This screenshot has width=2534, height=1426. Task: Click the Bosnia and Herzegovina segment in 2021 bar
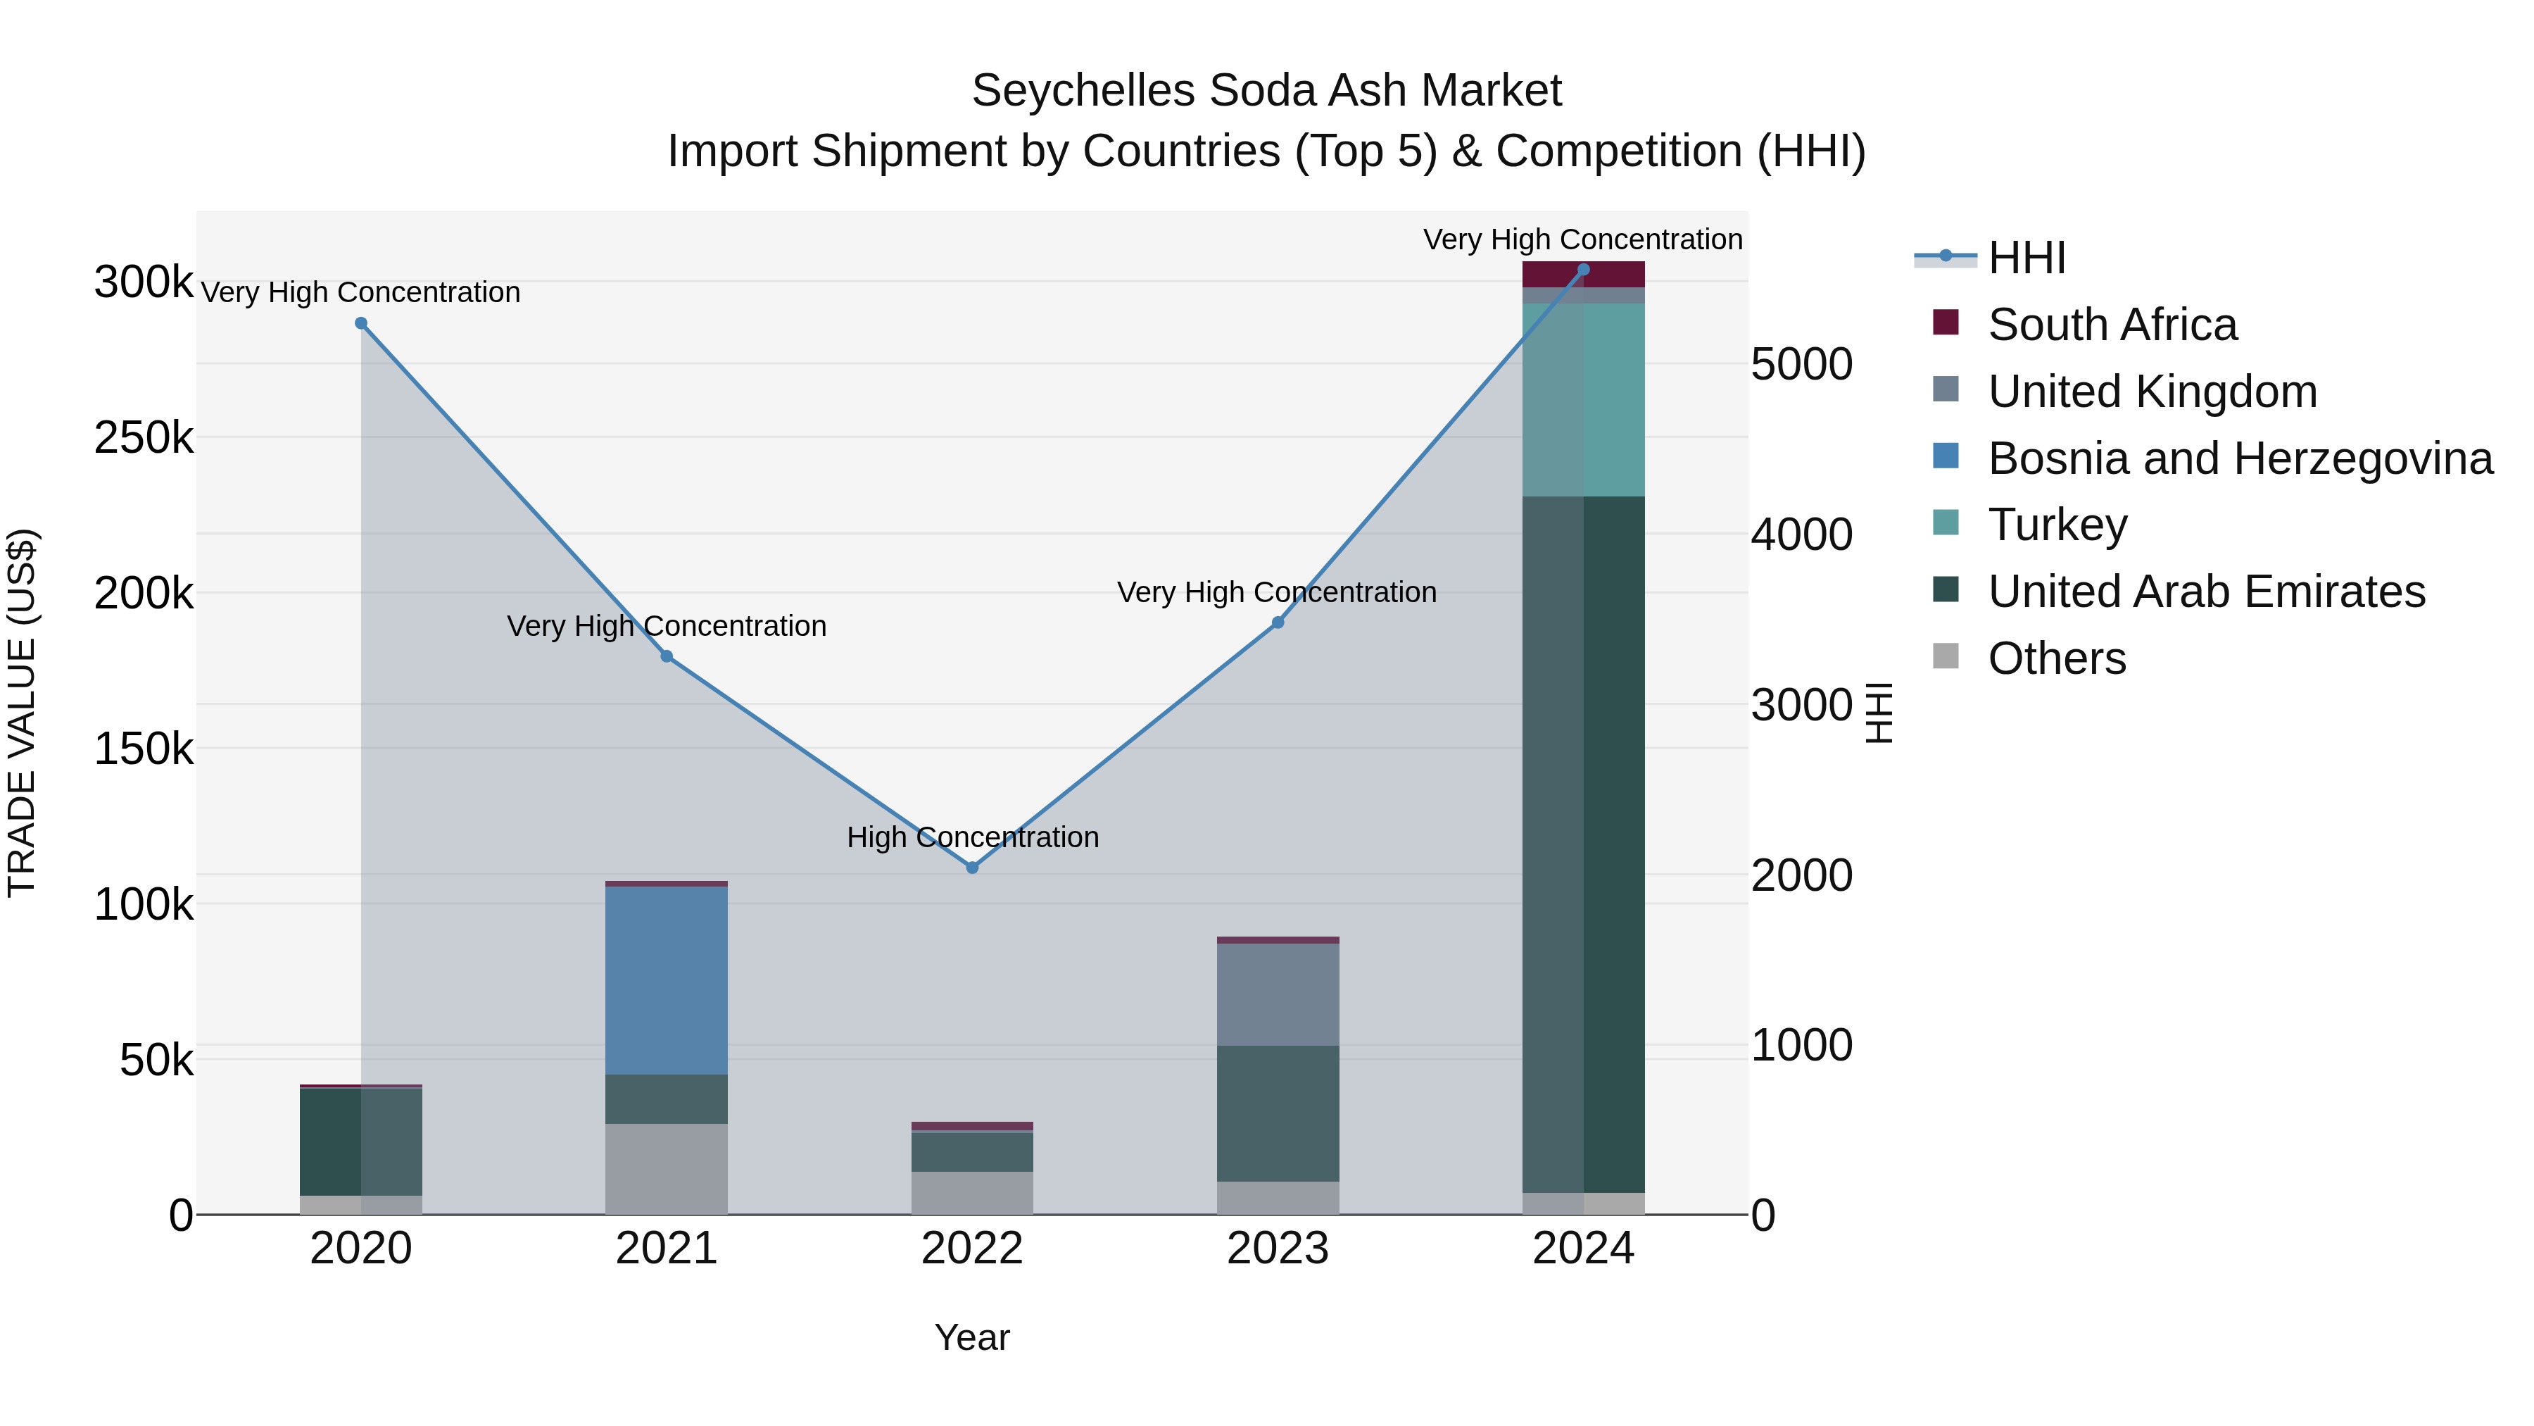[x=666, y=980]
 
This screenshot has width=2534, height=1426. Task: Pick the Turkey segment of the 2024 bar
[x=1583, y=399]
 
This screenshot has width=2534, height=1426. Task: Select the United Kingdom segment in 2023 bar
[x=1278, y=994]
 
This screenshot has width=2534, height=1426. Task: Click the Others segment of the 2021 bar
[x=666, y=1169]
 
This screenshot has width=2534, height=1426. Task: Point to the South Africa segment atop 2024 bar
[x=1583, y=275]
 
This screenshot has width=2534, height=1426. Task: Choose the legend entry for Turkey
[x=2057, y=525]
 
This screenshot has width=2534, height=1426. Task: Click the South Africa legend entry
[x=2111, y=325]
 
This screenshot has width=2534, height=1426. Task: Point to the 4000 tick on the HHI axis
[x=1801, y=535]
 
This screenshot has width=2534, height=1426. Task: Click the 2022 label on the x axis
[x=972, y=1249]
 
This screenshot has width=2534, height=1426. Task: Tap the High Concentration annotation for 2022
[x=972, y=837]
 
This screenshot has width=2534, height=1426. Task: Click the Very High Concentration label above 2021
[x=666, y=626]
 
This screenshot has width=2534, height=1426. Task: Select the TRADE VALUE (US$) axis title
[x=23, y=713]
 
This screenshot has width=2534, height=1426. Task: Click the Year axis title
[x=972, y=1337]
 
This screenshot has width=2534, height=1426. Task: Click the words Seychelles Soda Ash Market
[x=1266, y=92]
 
